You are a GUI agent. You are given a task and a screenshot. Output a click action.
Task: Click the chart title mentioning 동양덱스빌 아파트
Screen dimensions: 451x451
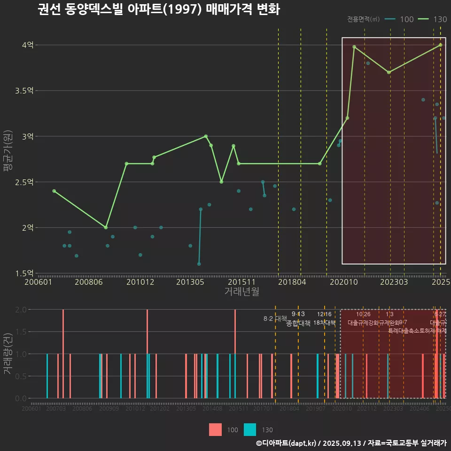tap(159, 9)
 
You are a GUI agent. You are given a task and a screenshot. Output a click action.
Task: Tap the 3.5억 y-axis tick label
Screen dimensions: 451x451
tap(24, 91)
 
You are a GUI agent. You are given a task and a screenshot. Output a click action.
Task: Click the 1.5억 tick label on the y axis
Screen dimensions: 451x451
tap(24, 273)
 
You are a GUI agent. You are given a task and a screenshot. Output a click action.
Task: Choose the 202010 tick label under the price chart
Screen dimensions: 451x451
tap(342, 282)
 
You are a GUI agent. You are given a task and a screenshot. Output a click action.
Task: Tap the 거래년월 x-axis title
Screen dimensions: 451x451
tap(241, 292)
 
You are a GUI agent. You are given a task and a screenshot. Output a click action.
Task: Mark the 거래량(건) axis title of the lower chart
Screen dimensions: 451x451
tap(8, 354)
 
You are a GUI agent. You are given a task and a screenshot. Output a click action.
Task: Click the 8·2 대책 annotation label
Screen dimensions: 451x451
tap(275, 319)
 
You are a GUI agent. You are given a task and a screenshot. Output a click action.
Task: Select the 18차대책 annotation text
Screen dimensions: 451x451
tap(324, 323)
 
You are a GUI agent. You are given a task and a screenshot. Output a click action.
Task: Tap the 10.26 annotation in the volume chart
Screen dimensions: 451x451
tap(363, 314)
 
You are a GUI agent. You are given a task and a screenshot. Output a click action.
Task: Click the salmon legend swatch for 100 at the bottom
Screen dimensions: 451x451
tap(215, 429)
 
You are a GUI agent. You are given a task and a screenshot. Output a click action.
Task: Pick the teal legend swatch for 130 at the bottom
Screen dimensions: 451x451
tap(250, 429)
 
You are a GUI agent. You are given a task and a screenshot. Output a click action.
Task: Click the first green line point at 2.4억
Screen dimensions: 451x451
tap(54, 191)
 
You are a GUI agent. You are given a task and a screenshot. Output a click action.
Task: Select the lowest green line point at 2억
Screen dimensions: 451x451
tap(106, 227)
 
